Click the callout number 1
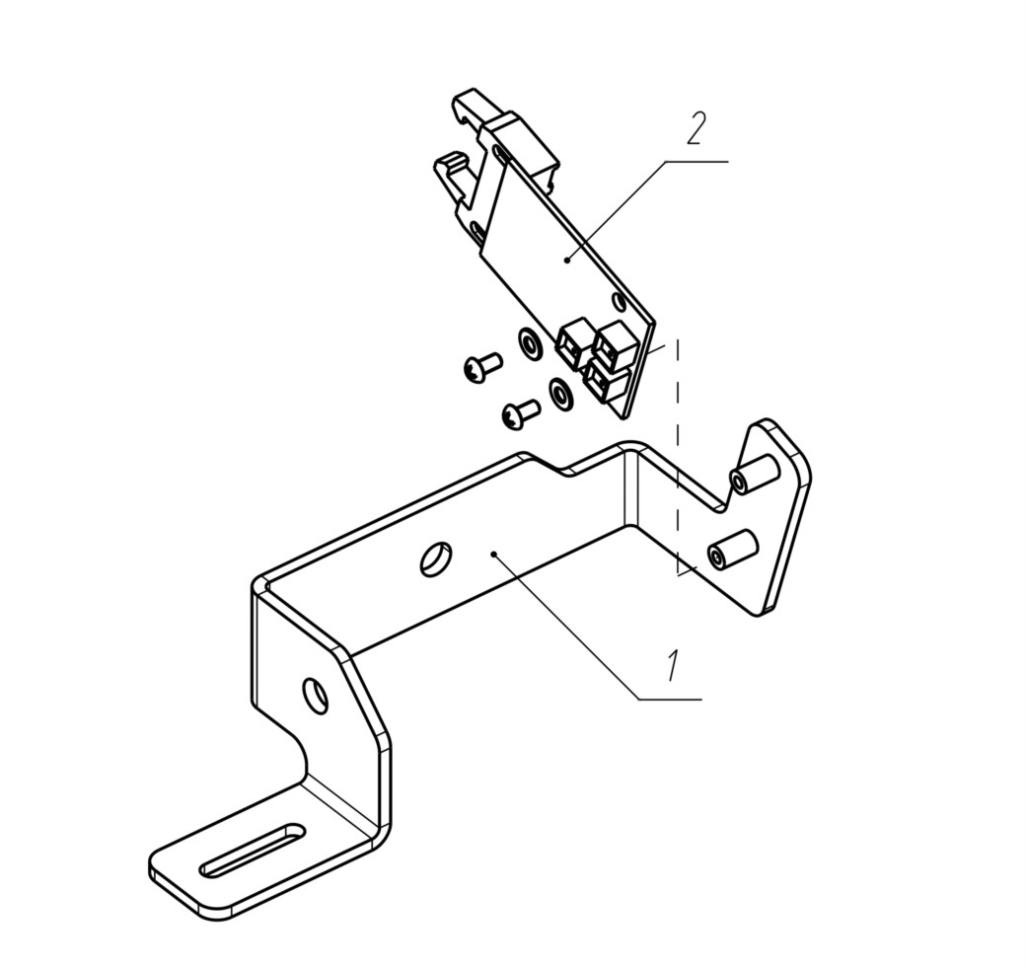pos(674,667)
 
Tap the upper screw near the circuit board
pos(482,367)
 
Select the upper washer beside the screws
pos(530,343)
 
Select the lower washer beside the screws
pos(560,394)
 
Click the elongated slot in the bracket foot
pos(253,850)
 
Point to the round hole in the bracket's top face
pos(435,558)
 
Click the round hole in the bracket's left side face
pos(316,696)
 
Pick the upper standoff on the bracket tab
pos(753,474)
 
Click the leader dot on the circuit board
pos(567,261)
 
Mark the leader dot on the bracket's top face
pos(494,555)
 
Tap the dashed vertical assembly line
pos(678,456)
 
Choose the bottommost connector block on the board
pos(606,380)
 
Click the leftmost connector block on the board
pos(574,343)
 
